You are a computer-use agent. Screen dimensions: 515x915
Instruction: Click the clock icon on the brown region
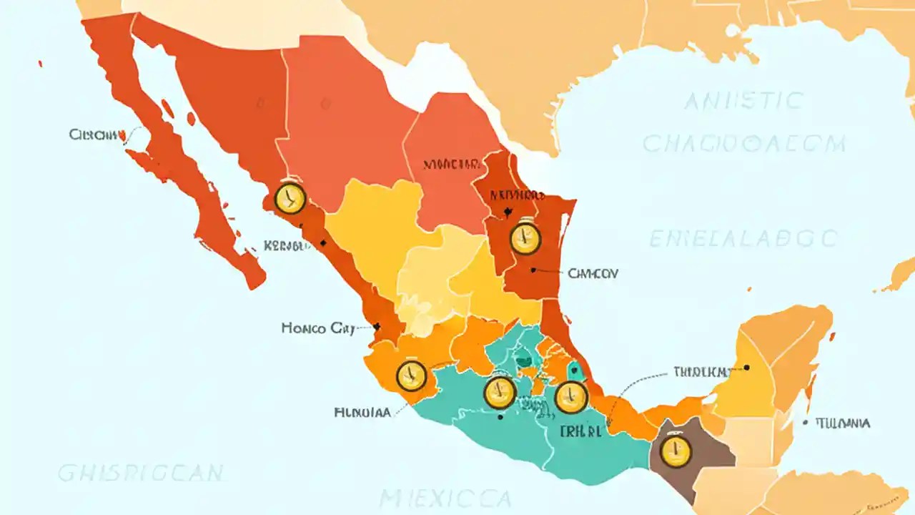676,451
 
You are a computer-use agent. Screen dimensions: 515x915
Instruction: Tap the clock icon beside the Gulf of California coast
290,199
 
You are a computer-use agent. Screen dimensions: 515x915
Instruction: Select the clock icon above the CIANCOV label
525,238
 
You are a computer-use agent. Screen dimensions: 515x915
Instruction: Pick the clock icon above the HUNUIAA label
411,376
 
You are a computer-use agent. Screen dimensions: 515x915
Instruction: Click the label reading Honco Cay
318,328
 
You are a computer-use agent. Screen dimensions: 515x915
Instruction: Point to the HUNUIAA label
362,412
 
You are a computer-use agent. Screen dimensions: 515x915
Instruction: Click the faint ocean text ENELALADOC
743,238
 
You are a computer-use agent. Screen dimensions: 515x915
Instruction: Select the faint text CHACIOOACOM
743,144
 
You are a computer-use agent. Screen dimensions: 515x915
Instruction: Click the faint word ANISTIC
743,102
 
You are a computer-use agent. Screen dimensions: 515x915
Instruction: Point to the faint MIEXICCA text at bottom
445,498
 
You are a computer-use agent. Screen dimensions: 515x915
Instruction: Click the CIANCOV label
593,273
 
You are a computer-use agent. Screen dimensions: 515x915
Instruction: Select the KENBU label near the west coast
287,245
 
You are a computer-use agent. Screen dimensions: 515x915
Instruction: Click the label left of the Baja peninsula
94,134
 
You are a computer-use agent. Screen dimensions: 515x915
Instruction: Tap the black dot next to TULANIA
805,423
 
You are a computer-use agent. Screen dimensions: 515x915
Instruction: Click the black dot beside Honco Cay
377,326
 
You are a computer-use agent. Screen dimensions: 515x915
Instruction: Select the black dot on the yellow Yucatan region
746,367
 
